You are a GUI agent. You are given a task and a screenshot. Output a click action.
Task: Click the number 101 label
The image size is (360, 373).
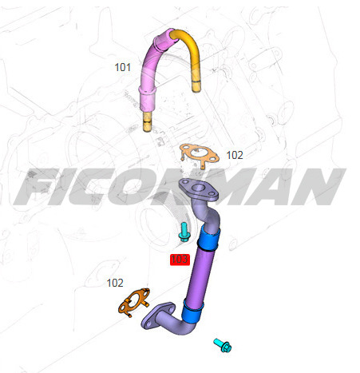point(122,67)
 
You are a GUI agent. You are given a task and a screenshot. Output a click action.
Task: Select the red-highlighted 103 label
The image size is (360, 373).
point(179,259)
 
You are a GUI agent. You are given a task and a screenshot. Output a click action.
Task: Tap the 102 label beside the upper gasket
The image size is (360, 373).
point(234,155)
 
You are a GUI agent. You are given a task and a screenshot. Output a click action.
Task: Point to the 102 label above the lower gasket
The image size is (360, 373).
point(116,283)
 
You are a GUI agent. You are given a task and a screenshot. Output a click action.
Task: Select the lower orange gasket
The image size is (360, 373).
point(136,303)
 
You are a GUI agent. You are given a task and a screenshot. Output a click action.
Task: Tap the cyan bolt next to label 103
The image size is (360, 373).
point(184,232)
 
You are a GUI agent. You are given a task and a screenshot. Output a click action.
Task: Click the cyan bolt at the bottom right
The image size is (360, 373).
point(222,346)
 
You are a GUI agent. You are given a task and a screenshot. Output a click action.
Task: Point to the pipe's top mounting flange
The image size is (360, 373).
point(196,189)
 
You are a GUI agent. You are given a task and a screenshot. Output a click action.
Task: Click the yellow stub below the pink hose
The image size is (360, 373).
point(146,122)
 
